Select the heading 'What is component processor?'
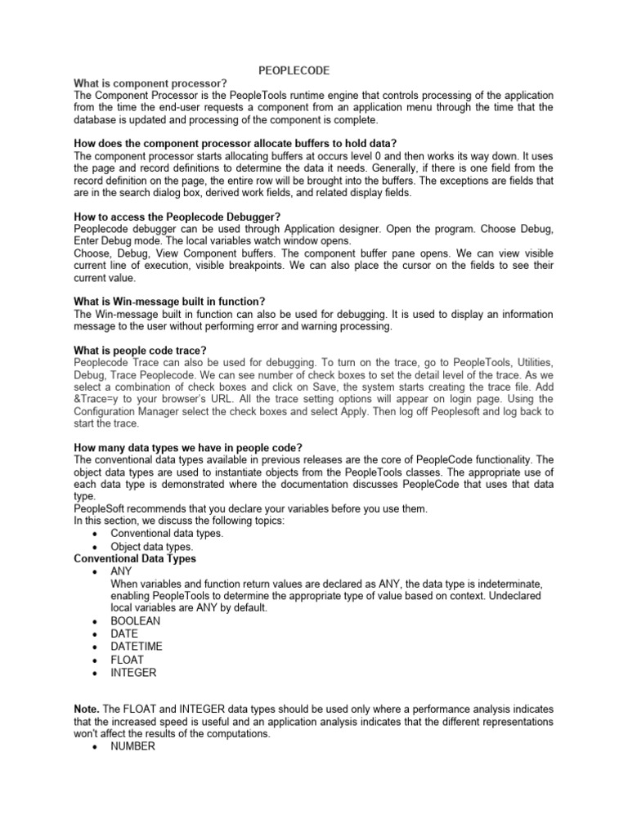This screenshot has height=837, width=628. (x=150, y=83)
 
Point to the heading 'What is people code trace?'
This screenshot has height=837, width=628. (x=140, y=351)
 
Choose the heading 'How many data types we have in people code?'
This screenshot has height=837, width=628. (x=188, y=447)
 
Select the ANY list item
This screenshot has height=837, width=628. (x=121, y=571)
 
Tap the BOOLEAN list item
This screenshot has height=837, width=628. (x=135, y=620)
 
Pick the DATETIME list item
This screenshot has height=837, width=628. (x=136, y=647)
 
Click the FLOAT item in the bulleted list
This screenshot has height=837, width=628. (x=127, y=660)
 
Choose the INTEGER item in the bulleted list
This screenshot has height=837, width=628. (x=132, y=673)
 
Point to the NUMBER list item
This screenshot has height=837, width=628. (x=132, y=746)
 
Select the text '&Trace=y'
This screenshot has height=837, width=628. (x=100, y=400)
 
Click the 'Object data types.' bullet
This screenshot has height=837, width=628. (x=152, y=546)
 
